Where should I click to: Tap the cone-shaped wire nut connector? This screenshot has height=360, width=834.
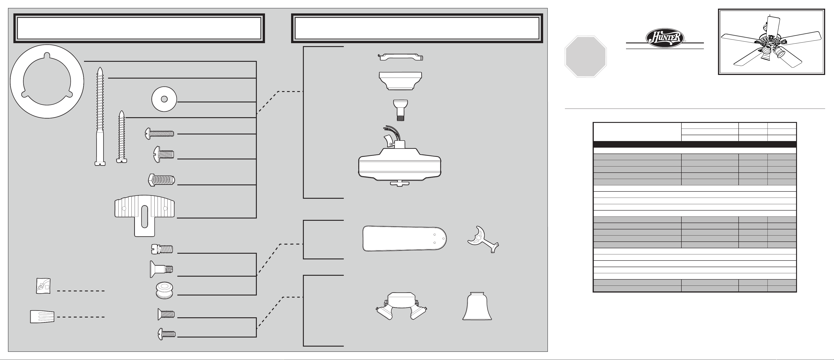42,316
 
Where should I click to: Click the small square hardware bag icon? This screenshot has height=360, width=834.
43,286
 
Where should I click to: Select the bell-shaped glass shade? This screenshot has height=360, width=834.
477,307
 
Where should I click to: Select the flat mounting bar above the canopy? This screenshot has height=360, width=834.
401,57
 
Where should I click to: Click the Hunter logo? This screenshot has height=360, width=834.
665,38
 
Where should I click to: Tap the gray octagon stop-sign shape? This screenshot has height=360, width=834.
585,57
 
